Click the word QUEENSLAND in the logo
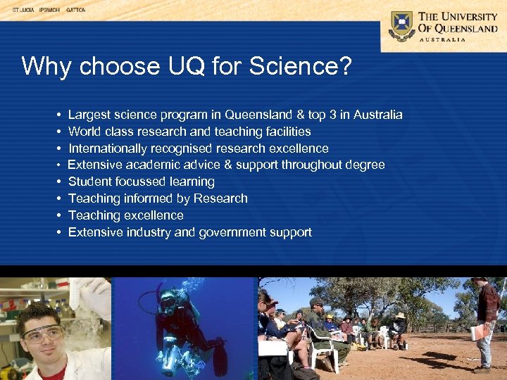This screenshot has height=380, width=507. click(475, 28)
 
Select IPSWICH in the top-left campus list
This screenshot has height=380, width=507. click(49, 11)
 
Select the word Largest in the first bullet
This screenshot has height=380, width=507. click(89, 115)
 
